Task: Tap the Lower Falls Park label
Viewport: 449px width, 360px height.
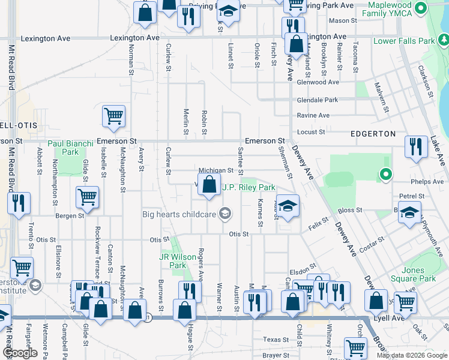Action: (x=403, y=41)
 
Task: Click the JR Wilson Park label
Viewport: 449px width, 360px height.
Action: (x=178, y=261)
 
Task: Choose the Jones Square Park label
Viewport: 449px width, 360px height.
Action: (x=418, y=275)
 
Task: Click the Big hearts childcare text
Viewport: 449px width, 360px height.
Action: (x=179, y=214)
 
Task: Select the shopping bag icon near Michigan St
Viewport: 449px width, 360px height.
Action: (x=209, y=185)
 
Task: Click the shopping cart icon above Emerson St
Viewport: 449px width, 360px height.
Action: (x=113, y=116)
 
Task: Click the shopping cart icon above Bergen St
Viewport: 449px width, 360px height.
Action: (x=88, y=197)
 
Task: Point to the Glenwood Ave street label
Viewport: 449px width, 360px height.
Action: (x=318, y=82)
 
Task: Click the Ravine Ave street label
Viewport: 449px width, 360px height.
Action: (x=313, y=115)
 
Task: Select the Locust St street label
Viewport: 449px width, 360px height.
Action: (x=311, y=131)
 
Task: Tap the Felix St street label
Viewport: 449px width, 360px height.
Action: (x=318, y=224)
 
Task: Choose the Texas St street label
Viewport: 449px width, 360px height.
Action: (x=276, y=340)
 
